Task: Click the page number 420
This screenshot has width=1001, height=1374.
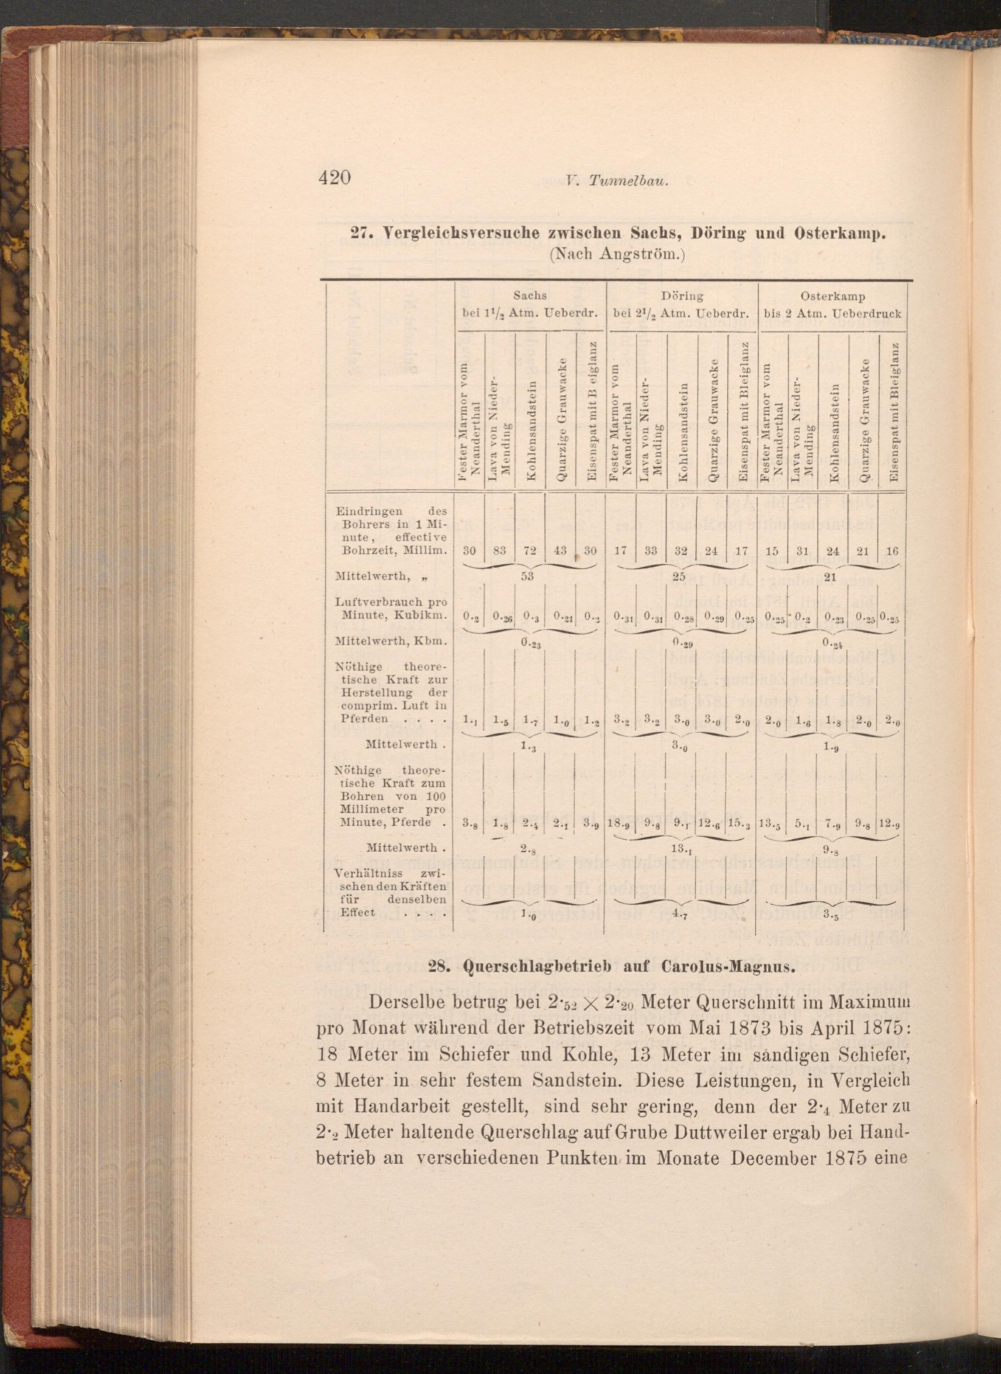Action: pyautogui.click(x=334, y=178)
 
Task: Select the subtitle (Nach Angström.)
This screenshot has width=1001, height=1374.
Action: pyautogui.click(x=616, y=254)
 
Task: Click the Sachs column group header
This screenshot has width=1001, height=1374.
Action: pyautogui.click(x=530, y=296)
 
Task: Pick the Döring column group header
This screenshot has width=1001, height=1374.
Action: pyautogui.click(x=682, y=296)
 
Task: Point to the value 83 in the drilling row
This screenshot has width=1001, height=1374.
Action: pyautogui.click(x=500, y=551)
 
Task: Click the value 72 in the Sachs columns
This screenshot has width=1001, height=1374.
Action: pyautogui.click(x=530, y=551)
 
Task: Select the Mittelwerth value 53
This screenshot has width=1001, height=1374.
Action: pyautogui.click(x=528, y=576)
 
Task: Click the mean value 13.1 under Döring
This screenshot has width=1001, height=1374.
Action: pyautogui.click(x=679, y=849)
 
